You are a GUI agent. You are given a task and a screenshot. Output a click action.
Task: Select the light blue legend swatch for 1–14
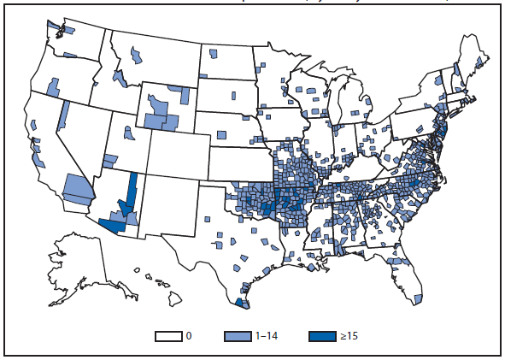(238, 336)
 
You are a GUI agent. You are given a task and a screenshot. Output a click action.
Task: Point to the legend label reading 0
(189, 336)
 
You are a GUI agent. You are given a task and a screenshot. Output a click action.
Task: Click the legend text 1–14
(265, 336)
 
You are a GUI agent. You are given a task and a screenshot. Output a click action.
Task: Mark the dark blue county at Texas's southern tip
(244, 302)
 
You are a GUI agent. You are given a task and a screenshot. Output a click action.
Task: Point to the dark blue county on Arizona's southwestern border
(111, 226)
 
